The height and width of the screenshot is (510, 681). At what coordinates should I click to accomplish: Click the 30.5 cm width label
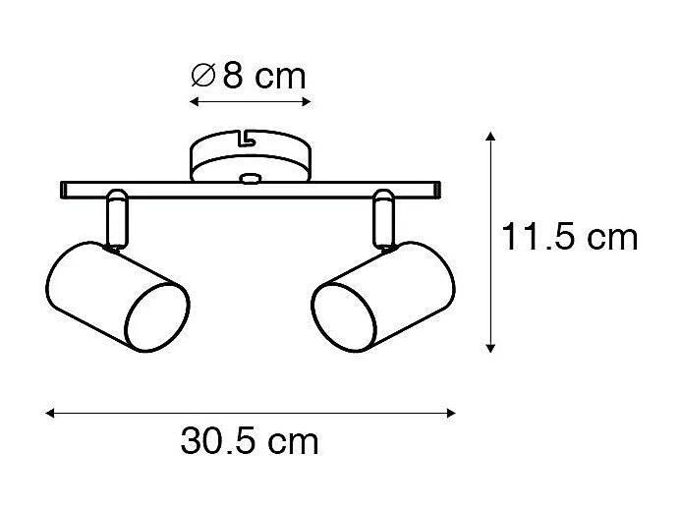tap(250, 442)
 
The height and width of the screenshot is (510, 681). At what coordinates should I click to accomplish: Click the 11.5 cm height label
tap(568, 237)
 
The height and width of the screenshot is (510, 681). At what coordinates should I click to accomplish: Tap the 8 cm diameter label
tap(249, 75)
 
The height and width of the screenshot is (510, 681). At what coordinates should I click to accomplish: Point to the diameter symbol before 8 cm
tap(203, 76)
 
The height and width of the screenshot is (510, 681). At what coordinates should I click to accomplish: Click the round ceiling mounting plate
tap(251, 156)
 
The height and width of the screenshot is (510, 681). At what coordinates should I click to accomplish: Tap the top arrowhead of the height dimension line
tap(490, 133)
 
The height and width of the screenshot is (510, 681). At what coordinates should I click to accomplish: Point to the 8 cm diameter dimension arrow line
tap(250, 101)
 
